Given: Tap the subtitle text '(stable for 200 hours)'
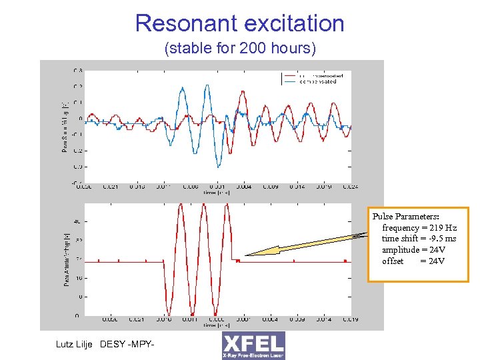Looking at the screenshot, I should [x=239, y=49].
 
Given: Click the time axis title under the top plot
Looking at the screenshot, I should [x=217, y=192].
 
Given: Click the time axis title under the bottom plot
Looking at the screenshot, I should [x=217, y=325].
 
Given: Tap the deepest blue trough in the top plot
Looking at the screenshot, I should [x=217, y=167].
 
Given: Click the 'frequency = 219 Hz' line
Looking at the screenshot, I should [x=419, y=228].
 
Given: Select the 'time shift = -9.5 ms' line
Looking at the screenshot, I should [x=419, y=239].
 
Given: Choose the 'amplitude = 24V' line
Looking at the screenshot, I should [x=414, y=249].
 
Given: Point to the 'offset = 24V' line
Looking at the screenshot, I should [x=413, y=261].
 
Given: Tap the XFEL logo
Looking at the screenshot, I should [x=253, y=345].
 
